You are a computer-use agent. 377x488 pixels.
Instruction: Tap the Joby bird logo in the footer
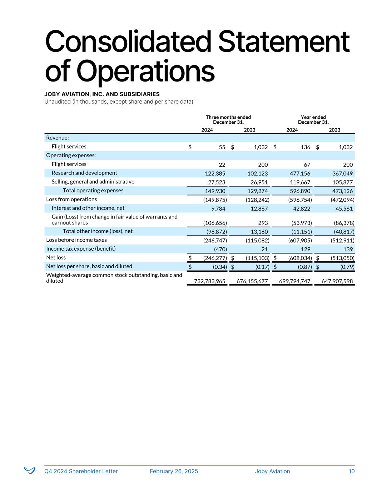(29, 470)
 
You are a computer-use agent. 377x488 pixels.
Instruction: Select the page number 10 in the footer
(352, 471)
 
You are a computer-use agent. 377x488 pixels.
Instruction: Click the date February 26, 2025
(174, 471)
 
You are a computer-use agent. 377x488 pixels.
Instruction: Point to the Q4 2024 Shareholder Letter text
(81, 471)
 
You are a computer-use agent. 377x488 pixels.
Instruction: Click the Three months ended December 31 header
(228, 120)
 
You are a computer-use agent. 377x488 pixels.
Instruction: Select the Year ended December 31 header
(313, 120)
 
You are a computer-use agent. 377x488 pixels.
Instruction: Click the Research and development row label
(84, 173)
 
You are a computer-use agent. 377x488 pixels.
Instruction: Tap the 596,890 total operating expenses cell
(299, 191)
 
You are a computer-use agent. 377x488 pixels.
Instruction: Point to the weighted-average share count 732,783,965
(209, 281)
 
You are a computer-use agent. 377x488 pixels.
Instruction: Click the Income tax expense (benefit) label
(81, 249)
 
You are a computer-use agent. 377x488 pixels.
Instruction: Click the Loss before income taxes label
(76, 240)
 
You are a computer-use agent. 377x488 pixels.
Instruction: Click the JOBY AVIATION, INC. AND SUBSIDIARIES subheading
(102, 94)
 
